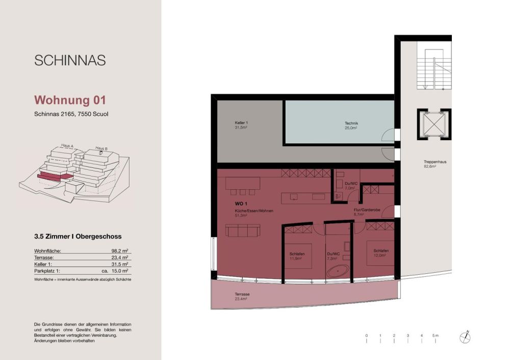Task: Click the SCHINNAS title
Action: point(70,60)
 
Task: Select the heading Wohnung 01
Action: point(70,99)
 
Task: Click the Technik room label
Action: point(351,125)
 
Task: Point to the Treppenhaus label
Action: point(435,164)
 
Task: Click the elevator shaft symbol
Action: point(434,124)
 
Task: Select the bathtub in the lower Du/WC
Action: point(338,271)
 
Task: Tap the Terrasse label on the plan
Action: point(242,296)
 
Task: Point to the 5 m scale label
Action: point(436,335)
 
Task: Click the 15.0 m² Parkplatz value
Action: point(120,271)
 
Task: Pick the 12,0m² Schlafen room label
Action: point(381,253)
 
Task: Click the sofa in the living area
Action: point(243,231)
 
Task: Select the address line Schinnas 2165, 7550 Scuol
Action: point(71,114)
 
